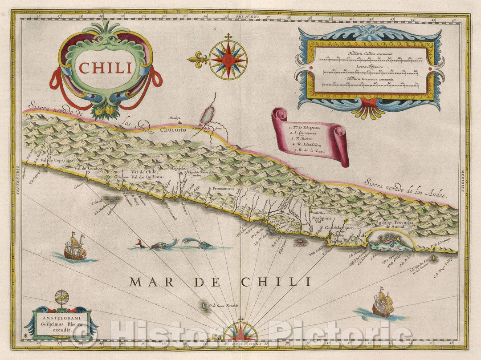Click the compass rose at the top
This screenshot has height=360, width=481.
point(228,59)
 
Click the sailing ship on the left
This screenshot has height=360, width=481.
point(75,247)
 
